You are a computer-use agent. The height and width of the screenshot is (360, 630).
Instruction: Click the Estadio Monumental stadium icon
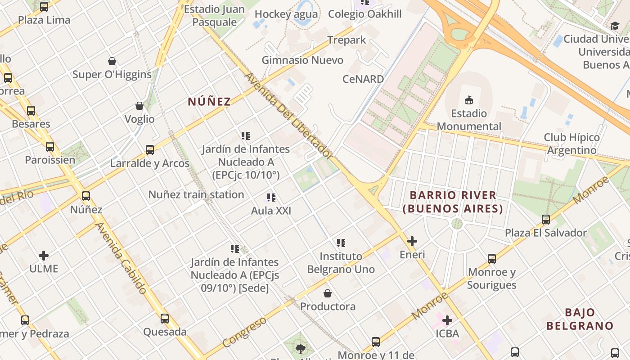(x=469, y=100)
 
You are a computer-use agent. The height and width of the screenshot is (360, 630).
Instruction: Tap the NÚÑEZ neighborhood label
(x=209, y=102)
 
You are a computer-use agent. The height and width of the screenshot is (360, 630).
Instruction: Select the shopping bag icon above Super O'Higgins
(x=112, y=61)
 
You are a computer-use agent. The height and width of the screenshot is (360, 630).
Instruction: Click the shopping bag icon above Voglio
(x=139, y=106)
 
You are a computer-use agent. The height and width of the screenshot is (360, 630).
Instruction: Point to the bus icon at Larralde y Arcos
(x=150, y=150)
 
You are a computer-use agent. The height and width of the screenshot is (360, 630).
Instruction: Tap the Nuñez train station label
(x=196, y=195)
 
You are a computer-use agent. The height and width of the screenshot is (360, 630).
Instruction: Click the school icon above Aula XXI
(x=271, y=198)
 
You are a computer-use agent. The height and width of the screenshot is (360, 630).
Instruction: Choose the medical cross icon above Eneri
(x=412, y=241)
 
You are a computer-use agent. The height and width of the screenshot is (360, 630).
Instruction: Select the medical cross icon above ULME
(x=44, y=256)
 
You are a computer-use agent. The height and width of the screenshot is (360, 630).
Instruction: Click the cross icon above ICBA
(x=447, y=320)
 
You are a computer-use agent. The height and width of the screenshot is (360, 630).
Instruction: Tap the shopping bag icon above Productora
(x=328, y=293)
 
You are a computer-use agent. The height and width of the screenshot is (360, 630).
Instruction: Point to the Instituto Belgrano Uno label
(x=341, y=263)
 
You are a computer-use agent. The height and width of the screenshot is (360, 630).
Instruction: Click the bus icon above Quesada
(x=165, y=319)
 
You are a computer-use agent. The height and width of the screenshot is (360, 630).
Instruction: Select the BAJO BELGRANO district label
(x=580, y=319)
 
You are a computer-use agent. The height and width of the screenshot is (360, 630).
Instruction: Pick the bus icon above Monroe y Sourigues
(x=492, y=259)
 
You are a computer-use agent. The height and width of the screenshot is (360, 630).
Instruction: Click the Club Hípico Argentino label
(x=571, y=144)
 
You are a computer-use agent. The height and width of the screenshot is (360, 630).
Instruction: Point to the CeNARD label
(x=363, y=79)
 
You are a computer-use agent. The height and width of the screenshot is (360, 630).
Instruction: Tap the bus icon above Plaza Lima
(x=44, y=7)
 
